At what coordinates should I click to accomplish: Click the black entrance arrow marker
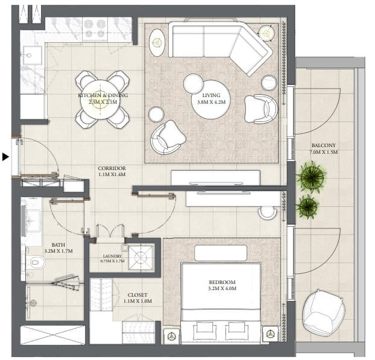tap(5, 157)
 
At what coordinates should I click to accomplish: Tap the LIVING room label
tap(211, 95)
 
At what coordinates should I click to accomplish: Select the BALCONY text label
tap(324, 145)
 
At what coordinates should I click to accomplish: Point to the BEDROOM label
tap(222, 282)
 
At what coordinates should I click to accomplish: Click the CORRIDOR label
tap(112, 168)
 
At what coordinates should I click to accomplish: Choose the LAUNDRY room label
tap(112, 256)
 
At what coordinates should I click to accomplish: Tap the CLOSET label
tap(137, 295)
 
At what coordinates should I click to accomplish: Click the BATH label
tap(58, 245)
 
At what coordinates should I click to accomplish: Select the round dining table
tap(100, 99)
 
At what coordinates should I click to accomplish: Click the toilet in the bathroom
tap(35, 262)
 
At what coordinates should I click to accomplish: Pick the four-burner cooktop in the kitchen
tap(95, 29)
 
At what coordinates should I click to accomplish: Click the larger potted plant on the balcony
tap(311, 177)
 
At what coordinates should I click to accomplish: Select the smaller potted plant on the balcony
tap(307, 206)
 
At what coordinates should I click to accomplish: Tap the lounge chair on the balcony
tap(324, 313)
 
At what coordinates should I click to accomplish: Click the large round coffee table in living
tap(211, 99)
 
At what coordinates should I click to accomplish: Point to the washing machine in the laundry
tap(140, 257)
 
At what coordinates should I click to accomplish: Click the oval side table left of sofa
tap(157, 43)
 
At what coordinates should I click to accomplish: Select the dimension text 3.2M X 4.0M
tap(222, 288)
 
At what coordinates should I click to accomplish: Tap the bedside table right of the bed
tap(270, 334)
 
